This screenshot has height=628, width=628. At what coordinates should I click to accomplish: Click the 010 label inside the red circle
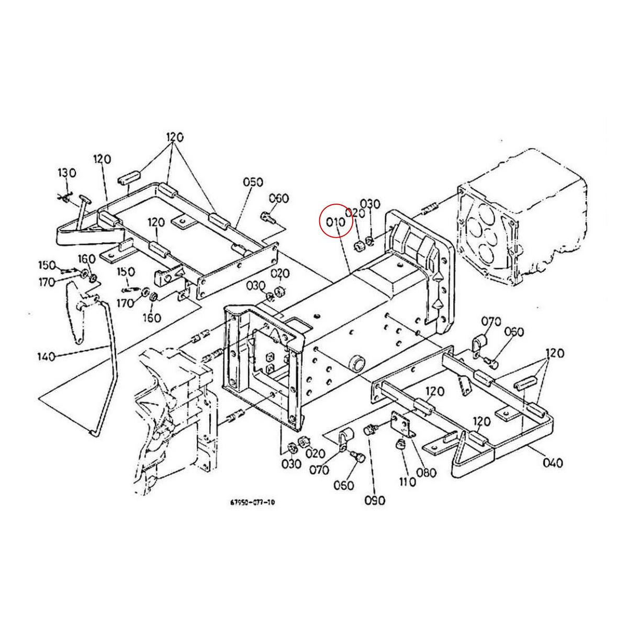(x=335, y=221)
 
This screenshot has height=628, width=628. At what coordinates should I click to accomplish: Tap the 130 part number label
(x=67, y=173)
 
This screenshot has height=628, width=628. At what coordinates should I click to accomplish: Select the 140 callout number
(x=47, y=356)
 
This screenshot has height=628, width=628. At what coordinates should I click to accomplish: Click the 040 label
(x=553, y=463)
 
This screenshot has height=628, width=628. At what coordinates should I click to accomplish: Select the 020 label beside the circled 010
(x=355, y=212)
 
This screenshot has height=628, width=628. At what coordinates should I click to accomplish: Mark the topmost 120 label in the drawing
(x=175, y=138)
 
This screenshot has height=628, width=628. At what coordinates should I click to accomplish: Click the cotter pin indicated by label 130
(x=65, y=197)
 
